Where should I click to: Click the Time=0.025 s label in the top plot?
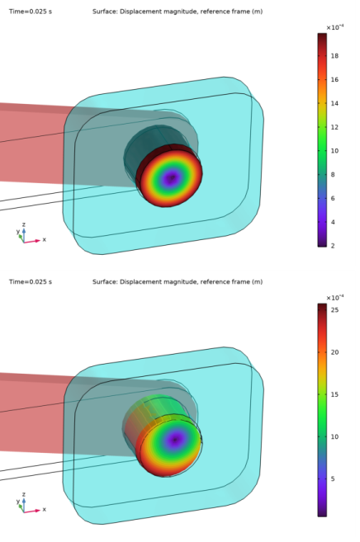coord(31,12)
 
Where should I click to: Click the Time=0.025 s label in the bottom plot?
coord(31,281)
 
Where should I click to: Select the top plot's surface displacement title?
coord(178,12)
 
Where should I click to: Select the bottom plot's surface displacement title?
coord(178,282)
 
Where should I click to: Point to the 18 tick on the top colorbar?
coord(334,56)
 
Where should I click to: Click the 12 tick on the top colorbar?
coord(334,127)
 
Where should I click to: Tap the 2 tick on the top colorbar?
coord(333,246)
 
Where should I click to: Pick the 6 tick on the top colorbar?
coord(333,199)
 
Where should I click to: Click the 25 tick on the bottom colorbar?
coord(334,310)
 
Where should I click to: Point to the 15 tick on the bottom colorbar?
coord(334,394)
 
